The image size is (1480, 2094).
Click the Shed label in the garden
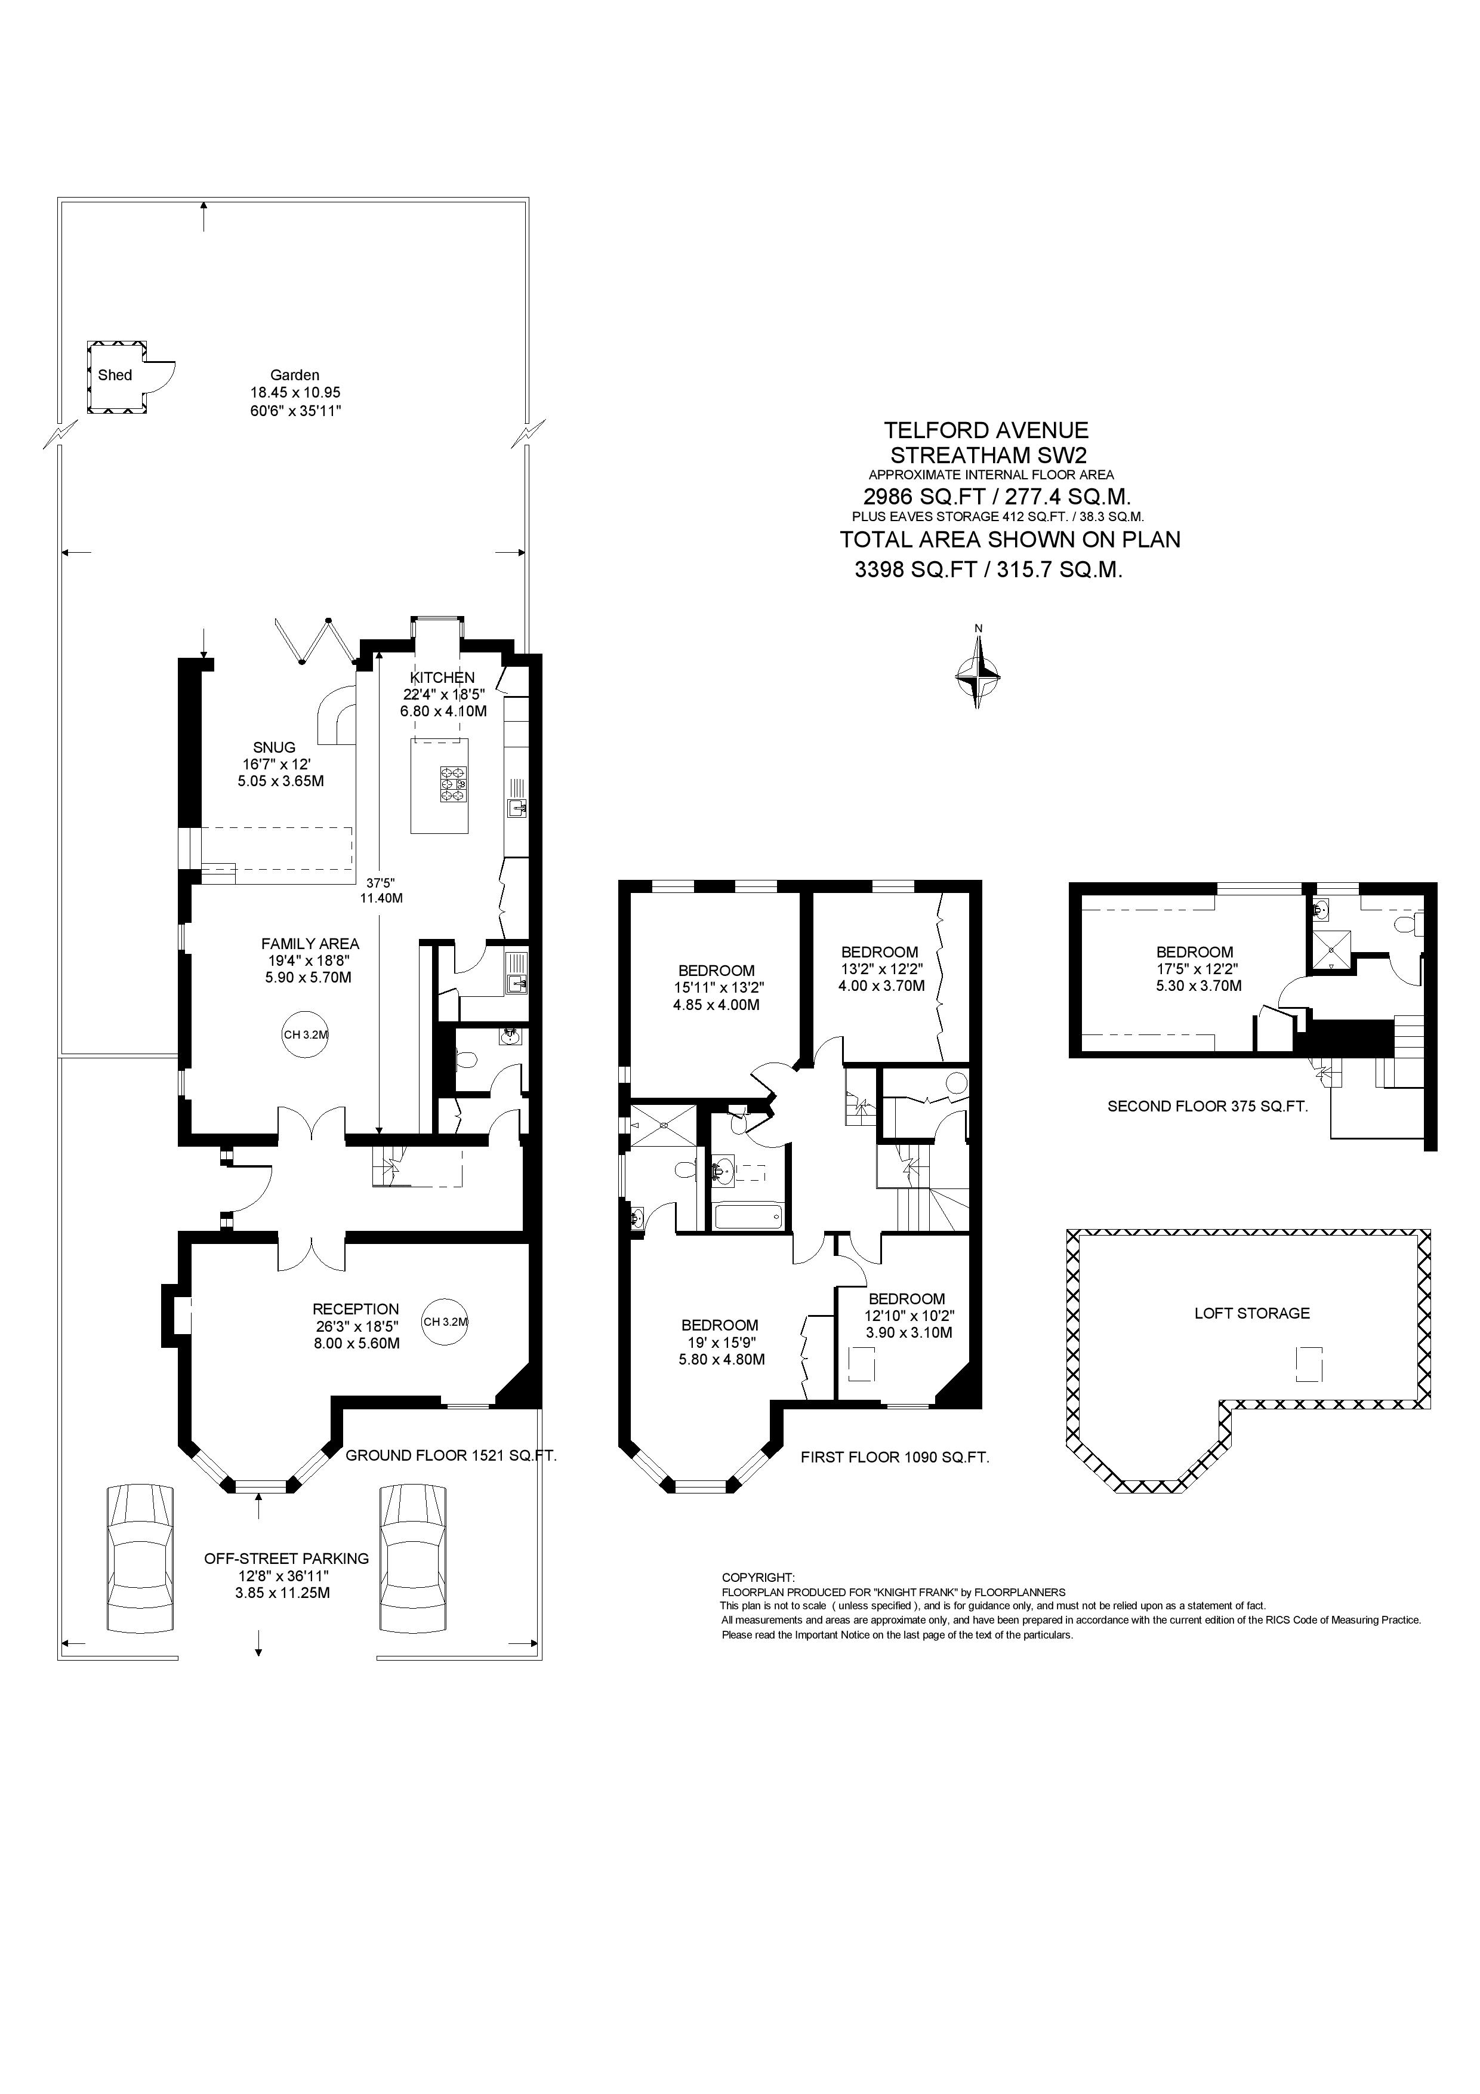click(115, 375)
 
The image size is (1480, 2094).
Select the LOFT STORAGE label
click(1252, 1313)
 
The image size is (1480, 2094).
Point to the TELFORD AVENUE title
click(986, 430)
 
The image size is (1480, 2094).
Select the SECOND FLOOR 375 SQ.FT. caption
click(1207, 1106)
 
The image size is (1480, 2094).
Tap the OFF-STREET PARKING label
click(286, 1559)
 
